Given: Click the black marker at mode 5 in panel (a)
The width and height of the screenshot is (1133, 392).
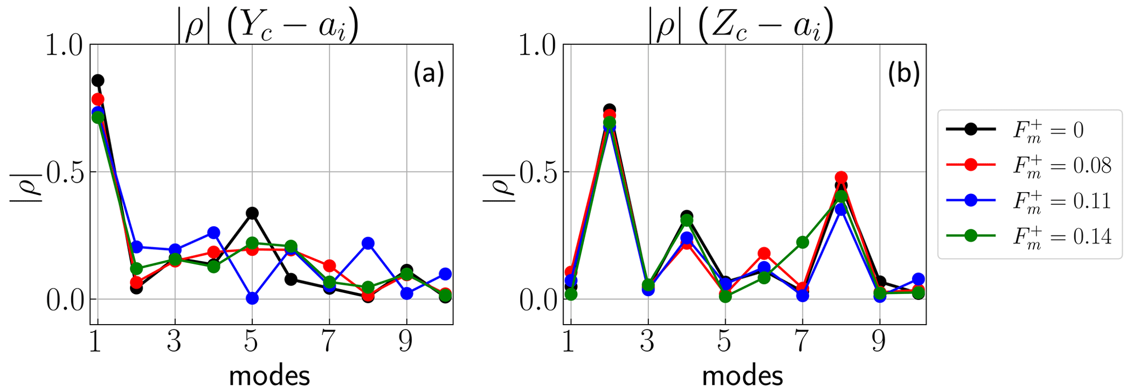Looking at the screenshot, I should coord(252,213).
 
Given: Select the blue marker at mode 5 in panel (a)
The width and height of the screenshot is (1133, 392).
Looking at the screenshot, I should coord(252,298).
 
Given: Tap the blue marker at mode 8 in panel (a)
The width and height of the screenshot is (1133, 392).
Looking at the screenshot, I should coord(368,244).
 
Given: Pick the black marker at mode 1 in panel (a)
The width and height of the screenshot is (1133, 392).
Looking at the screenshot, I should coord(98,80).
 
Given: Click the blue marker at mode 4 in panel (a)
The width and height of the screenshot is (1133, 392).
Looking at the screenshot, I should coord(214,233).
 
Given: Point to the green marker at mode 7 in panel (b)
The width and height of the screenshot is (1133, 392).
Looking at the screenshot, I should coord(802,242).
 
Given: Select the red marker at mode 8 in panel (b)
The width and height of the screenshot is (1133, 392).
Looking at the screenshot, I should coord(841,177).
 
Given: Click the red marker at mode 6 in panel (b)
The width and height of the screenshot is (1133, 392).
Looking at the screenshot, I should coord(764,253).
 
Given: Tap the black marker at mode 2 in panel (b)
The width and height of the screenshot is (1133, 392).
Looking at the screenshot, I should coord(610,109).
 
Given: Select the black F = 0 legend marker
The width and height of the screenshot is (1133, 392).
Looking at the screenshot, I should coord(971,129).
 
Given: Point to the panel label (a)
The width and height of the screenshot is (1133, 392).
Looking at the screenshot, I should coord(428,74).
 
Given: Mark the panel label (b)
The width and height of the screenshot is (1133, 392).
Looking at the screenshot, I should coord(903,74).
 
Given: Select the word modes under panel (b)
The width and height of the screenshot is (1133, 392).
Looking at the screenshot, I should coord(742,377).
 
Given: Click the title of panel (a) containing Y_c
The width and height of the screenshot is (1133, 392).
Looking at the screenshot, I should coord(268,27).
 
